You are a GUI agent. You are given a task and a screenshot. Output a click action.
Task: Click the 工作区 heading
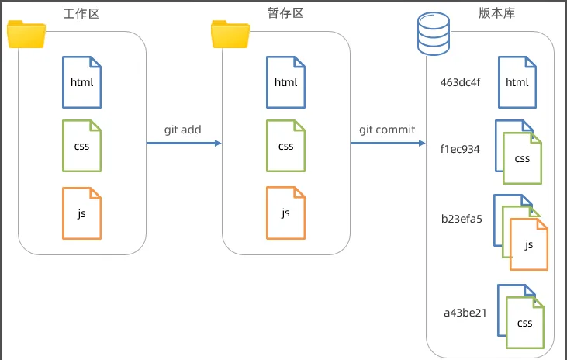pos(81,14)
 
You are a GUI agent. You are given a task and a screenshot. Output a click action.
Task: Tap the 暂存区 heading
pos(285,13)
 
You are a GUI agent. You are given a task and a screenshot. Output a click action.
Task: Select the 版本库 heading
pos(496,13)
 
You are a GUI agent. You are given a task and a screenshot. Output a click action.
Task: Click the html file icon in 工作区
pos(81,82)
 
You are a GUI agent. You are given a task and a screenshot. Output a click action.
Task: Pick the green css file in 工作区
pos(81,146)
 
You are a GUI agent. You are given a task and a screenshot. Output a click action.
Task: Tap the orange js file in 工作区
pos(81,213)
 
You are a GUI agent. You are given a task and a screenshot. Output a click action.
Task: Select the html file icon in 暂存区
pos(285,82)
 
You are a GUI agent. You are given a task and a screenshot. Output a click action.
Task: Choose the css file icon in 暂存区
pos(285,146)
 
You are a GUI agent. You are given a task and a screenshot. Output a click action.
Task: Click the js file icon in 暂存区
pos(285,213)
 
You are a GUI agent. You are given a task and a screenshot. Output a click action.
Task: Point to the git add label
pos(182,130)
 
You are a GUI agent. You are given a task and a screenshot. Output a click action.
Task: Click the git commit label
pos(387,130)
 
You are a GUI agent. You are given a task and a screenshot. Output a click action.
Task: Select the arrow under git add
pos(184,144)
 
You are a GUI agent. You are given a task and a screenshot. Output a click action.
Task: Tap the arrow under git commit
pos(388,144)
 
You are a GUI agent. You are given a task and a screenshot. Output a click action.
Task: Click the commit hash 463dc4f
pos(460,82)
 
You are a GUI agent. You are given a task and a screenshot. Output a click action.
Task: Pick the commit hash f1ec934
pos(460,149)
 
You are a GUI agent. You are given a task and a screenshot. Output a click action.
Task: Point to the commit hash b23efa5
pos(462,220)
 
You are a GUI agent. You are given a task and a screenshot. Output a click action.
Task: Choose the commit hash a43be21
pos(465,313)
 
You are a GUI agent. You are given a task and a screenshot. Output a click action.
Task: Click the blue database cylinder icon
pos(434,33)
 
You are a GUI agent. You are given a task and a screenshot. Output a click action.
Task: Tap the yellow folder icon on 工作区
pos(26,34)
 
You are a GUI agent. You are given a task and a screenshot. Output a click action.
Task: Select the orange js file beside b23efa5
pos(529,244)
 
